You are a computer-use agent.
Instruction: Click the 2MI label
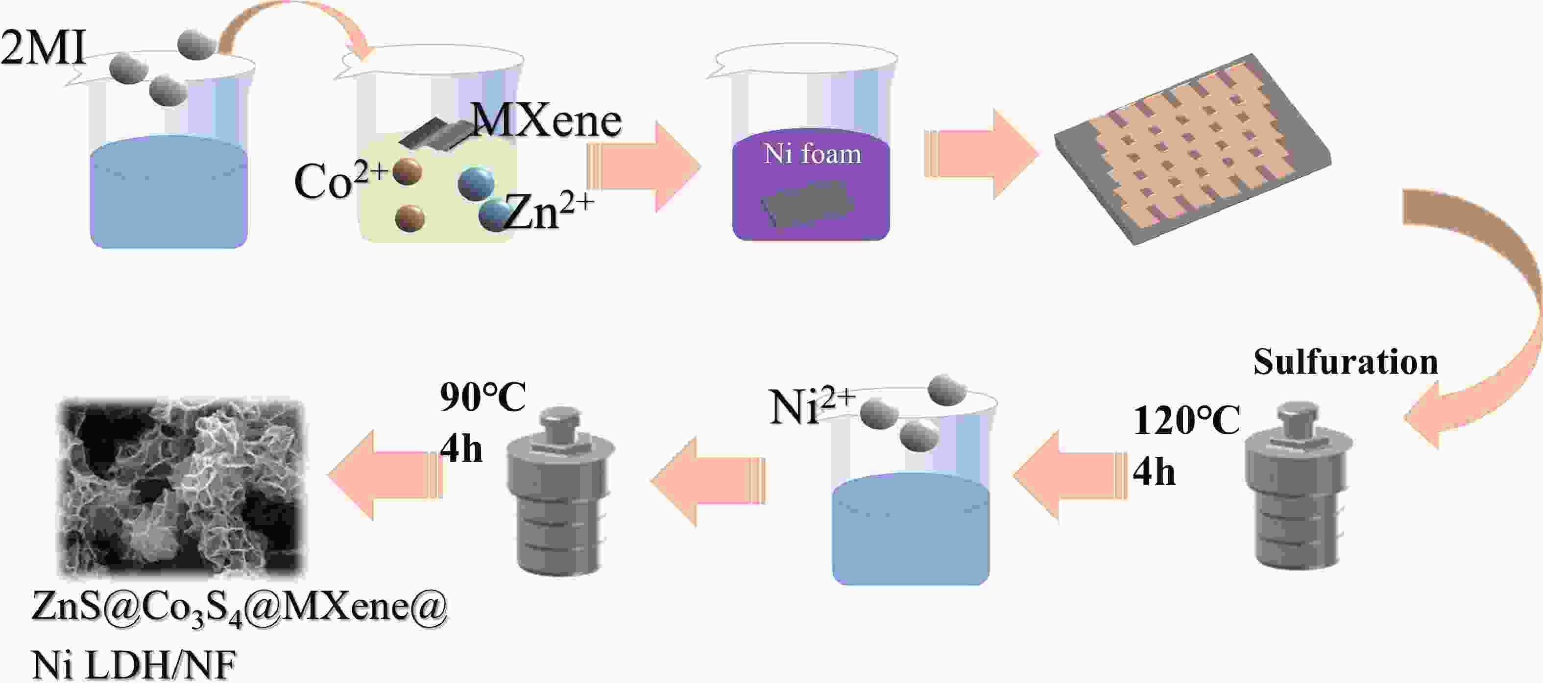43,48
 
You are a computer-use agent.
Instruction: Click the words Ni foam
812,154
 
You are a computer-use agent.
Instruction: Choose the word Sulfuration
1345,362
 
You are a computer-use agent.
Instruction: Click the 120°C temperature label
1186,420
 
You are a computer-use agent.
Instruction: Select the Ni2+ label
812,406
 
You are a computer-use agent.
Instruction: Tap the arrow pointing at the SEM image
384,475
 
